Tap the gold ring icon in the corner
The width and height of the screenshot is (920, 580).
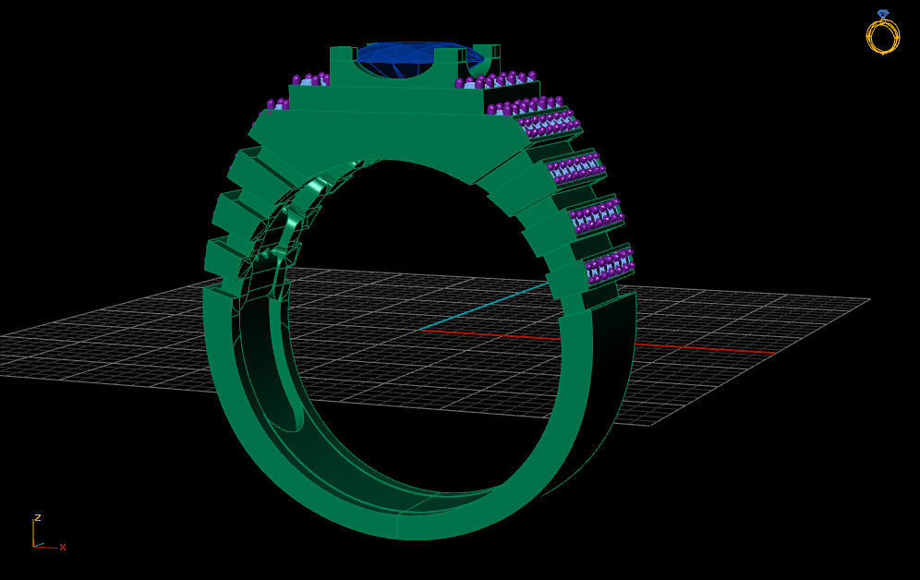(x=882, y=34)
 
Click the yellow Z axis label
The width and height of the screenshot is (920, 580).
(x=37, y=518)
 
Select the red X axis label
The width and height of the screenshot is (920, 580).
(x=63, y=548)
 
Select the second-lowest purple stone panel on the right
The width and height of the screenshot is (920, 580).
(x=595, y=216)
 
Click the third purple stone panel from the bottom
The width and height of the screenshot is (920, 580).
(x=575, y=169)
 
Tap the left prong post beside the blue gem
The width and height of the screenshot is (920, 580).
(x=341, y=63)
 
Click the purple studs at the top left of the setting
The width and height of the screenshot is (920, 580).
(x=310, y=79)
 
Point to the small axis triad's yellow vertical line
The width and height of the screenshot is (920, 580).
(x=33, y=533)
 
